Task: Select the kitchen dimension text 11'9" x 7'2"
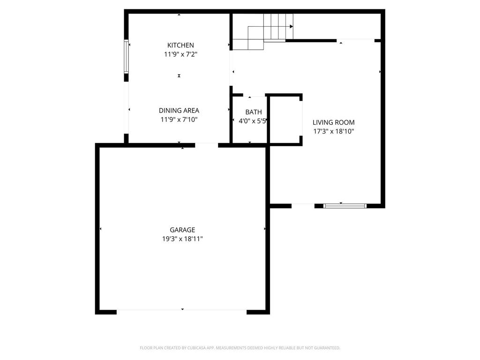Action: (x=180, y=54)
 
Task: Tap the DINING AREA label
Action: (x=179, y=111)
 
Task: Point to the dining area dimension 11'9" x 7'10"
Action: (x=179, y=120)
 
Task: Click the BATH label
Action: (x=254, y=112)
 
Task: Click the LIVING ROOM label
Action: (x=333, y=122)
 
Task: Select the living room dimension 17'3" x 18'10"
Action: (x=333, y=132)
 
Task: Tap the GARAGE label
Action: (x=182, y=230)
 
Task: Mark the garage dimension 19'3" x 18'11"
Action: (x=182, y=239)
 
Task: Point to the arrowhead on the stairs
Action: (x=291, y=27)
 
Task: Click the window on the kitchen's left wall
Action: (x=126, y=57)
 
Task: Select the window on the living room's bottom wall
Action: (x=345, y=205)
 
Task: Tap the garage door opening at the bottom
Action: (x=182, y=311)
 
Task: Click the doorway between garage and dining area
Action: (x=207, y=145)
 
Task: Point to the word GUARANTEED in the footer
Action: (x=324, y=348)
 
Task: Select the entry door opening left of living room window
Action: (x=303, y=205)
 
